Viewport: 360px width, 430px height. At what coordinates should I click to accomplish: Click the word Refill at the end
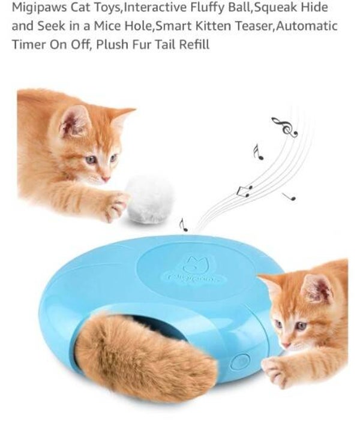pyautogui.click(x=193, y=45)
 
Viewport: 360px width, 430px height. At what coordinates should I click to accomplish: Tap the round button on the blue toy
pyautogui.click(x=239, y=362)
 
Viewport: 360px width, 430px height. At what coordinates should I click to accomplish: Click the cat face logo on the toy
pyautogui.click(x=192, y=264)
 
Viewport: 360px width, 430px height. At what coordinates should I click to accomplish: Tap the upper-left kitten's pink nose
pyautogui.click(x=106, y=178)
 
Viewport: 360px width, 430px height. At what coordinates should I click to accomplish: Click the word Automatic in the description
pyautogui.click(x=308, y=26)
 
